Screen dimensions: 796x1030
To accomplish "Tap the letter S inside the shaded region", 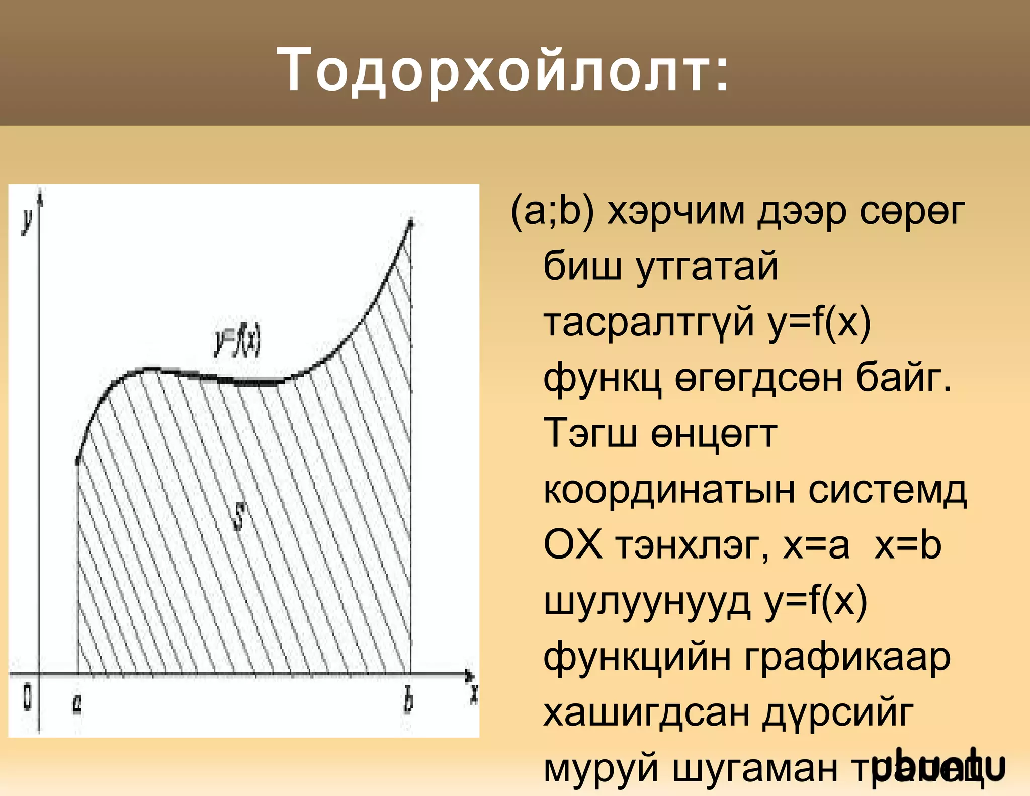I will click(240, 517).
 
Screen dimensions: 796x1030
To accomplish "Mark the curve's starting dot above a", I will click(77, 461).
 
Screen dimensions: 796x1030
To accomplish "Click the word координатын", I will click(669, 490).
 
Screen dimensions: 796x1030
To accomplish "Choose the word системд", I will click(887, 490).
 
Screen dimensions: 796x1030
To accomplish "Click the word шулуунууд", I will click(647, 601).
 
